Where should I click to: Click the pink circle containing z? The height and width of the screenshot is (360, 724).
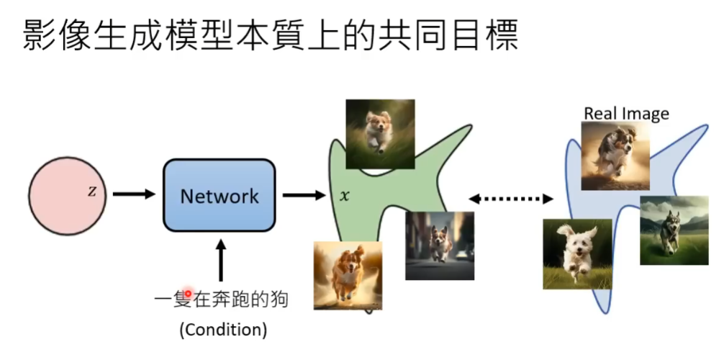[69, 194]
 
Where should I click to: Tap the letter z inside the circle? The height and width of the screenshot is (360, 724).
[91, 192]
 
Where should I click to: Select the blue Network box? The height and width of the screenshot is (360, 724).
[219, 195]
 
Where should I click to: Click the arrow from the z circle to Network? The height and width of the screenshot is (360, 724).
[134, 194]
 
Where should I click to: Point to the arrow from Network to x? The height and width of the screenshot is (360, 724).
[303, 194]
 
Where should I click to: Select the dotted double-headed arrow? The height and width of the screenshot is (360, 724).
[510, 198]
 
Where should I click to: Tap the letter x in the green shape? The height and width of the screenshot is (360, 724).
[345, 195]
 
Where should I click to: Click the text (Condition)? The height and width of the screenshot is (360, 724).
[222, 330]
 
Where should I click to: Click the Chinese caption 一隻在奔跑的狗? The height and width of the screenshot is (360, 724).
[221, 298]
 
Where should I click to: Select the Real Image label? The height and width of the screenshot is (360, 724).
[626, 113]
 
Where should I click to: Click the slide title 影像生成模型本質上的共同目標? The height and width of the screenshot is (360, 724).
[270, 34]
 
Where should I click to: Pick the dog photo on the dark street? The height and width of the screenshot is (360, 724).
[439, 246]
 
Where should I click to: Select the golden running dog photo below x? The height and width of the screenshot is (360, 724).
[348, 275]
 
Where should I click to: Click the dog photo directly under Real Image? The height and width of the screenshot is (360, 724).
[615, 155]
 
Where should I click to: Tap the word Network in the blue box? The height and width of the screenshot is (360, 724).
[219, 195]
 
